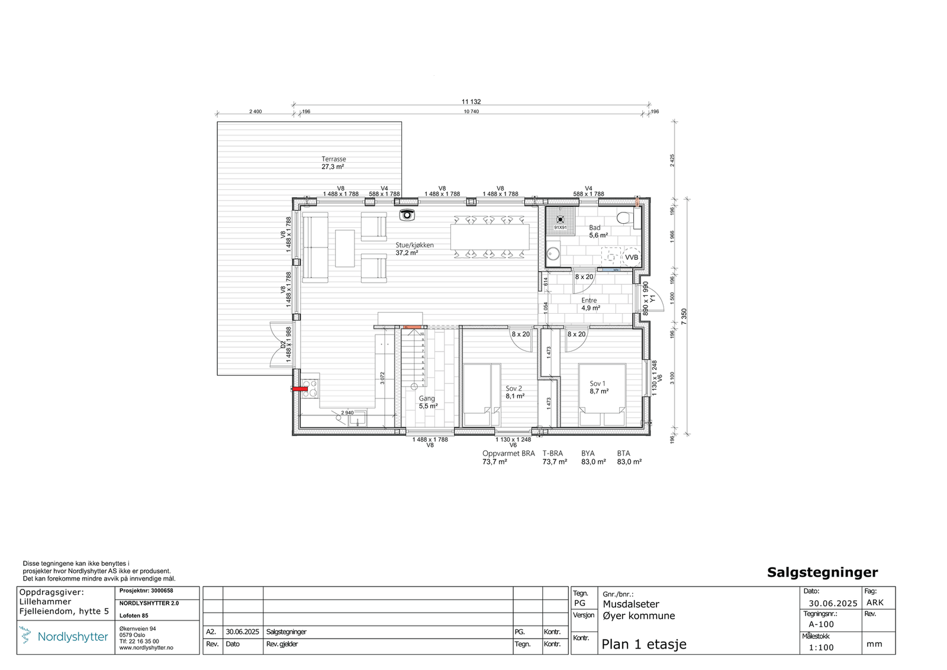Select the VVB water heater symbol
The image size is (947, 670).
click(632, 257)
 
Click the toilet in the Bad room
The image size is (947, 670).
click(624, 218)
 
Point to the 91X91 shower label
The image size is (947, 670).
click(560, 227)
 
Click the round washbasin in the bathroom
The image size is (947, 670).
click(553, 254)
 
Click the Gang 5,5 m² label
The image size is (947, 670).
click(428, 402)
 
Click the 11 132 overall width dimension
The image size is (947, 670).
click(471, 102)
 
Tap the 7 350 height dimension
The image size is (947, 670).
click(684, 317)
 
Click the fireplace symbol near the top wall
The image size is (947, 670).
click(407, 215)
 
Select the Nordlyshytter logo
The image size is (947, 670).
click(65, 637)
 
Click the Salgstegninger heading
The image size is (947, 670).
click(822, 572)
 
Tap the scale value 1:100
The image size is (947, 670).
click(821, 648)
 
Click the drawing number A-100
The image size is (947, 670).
click(821, 624)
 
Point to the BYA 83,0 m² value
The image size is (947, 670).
click(593, 462)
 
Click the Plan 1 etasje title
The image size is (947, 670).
click(644, 645)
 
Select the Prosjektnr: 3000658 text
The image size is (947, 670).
click(146, 591)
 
